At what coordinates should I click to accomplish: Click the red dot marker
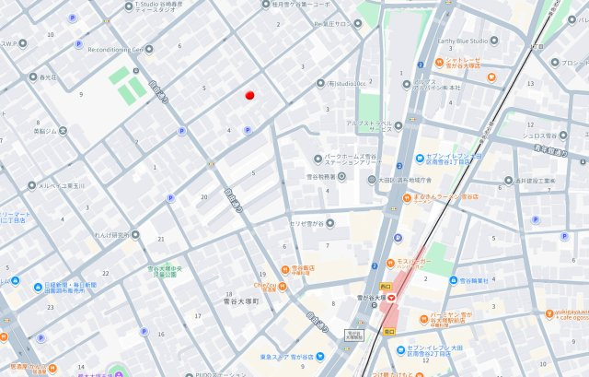tap(249, 95)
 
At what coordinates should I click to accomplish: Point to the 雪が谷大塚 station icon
tap(390, 296)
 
